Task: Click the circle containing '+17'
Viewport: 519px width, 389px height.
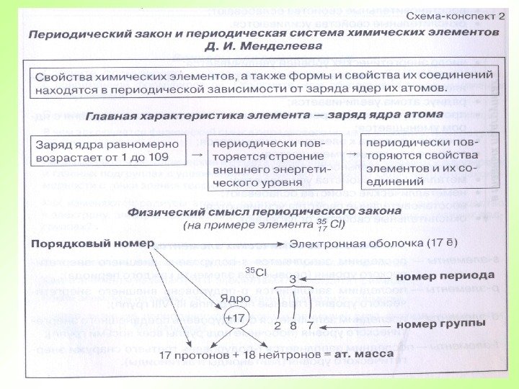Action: click(x=234, y=318)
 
